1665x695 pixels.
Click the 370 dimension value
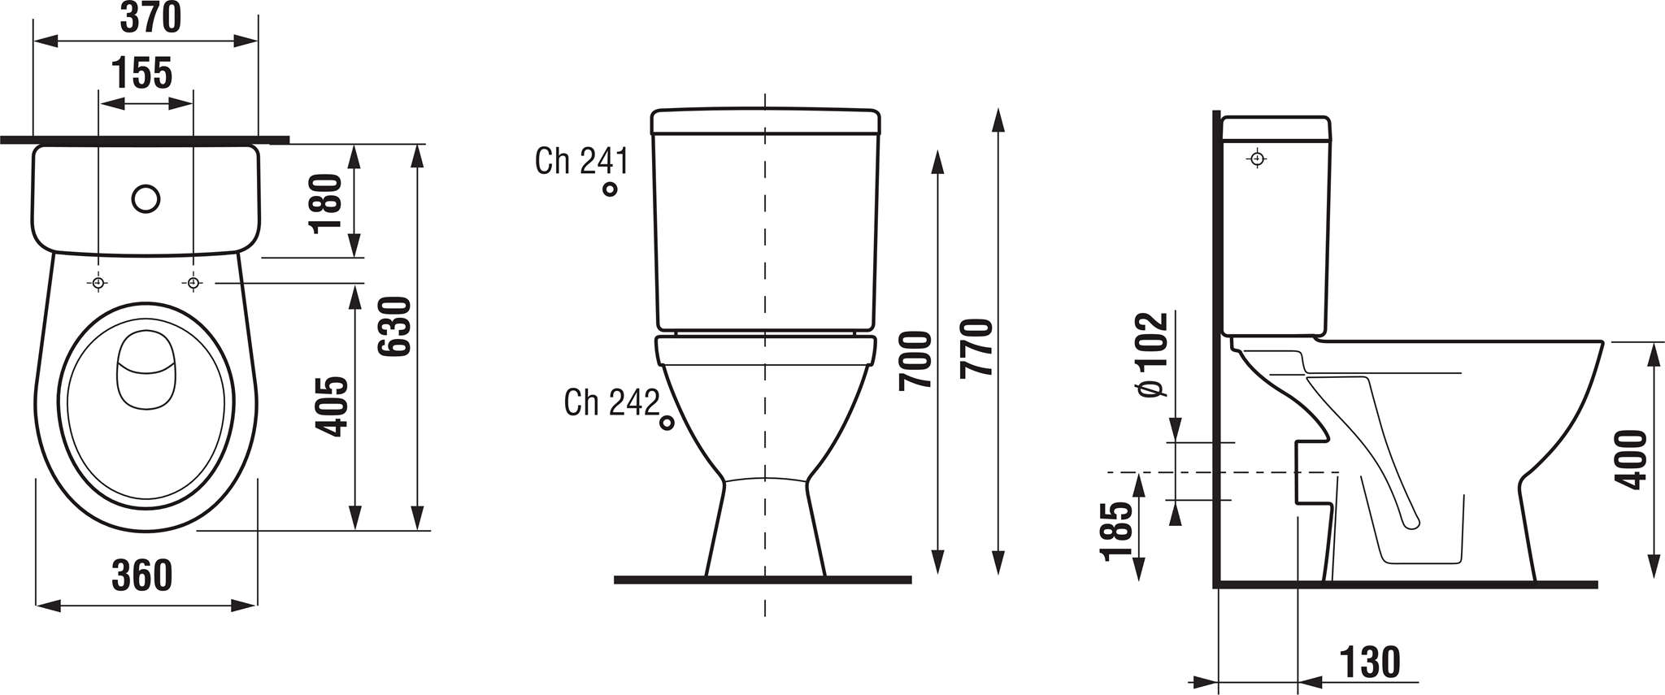(150, 18)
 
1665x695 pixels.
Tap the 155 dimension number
(142, 72)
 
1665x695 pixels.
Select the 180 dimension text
(327, 202)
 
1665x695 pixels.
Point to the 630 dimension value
(396, 326)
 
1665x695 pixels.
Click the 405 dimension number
(331, 406)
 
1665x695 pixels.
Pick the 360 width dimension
(142, 576)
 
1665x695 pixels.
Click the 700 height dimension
(915, 360)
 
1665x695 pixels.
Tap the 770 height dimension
(976, 348)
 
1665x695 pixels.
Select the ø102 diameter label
(1153, 355)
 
